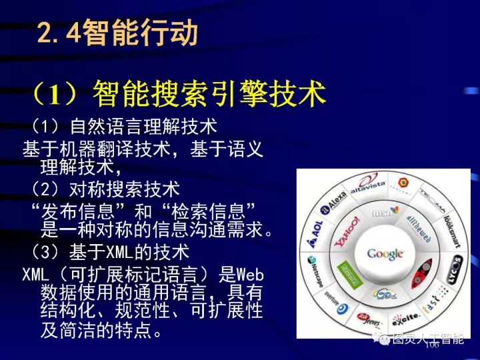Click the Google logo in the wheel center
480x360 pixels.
coord(385,254)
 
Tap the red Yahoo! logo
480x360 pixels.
coord(347,231)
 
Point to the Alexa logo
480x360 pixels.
coord(335,200)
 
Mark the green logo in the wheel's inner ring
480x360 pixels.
coord(347,271)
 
